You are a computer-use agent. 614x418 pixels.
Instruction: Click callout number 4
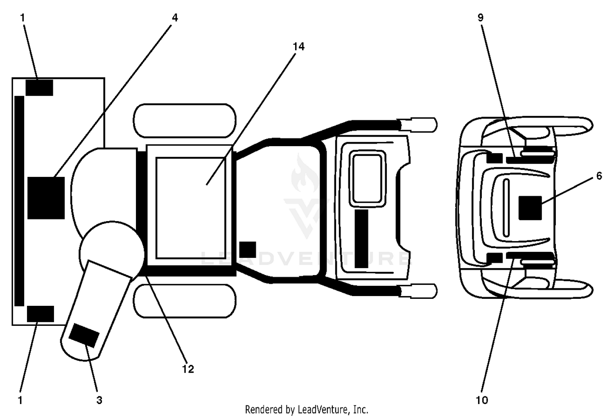(x=175, y=18)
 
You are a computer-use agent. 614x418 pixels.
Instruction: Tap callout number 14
(x=298, y=47)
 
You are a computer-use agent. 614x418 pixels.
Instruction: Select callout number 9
(x=481, y=18)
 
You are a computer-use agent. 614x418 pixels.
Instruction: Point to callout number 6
(x=599, y=176)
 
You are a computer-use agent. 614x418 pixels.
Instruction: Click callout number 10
(x=482, y=400)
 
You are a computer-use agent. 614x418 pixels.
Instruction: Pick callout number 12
(x=188, y=369)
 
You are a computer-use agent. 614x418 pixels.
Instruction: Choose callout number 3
(x=99, y=400)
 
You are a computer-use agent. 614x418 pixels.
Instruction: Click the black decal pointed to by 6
(x=530, y=208)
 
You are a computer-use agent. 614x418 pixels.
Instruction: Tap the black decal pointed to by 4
(x=46, y=198)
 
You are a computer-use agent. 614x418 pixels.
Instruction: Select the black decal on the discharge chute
(x=84, y=335)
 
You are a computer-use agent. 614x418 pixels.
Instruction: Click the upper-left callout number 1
(x=23, y=18)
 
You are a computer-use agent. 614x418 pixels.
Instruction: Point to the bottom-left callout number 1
(x=20, y=400)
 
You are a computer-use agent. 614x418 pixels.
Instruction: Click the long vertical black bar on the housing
(x=19, y=201)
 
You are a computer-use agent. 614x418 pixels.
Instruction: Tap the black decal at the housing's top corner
(x=39, y=88)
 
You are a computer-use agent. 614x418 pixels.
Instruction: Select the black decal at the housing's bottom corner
(x=40, y=314)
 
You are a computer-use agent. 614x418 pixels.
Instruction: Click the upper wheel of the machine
(x=185, y=121)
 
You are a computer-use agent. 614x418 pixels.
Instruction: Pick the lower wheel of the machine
(x=185, y=301)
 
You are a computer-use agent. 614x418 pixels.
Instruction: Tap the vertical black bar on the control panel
(x=361, y=239)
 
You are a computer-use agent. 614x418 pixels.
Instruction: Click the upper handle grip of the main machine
(x=417, y=125)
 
